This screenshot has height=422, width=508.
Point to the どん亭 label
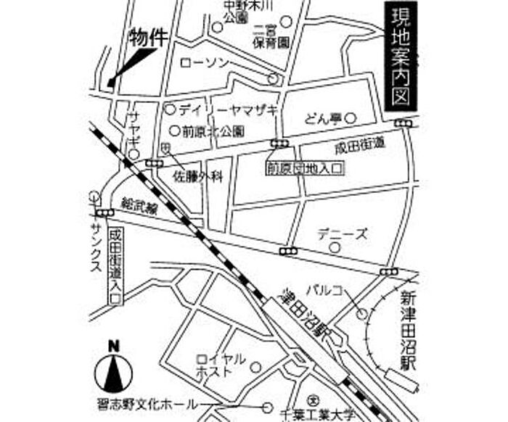321,117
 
